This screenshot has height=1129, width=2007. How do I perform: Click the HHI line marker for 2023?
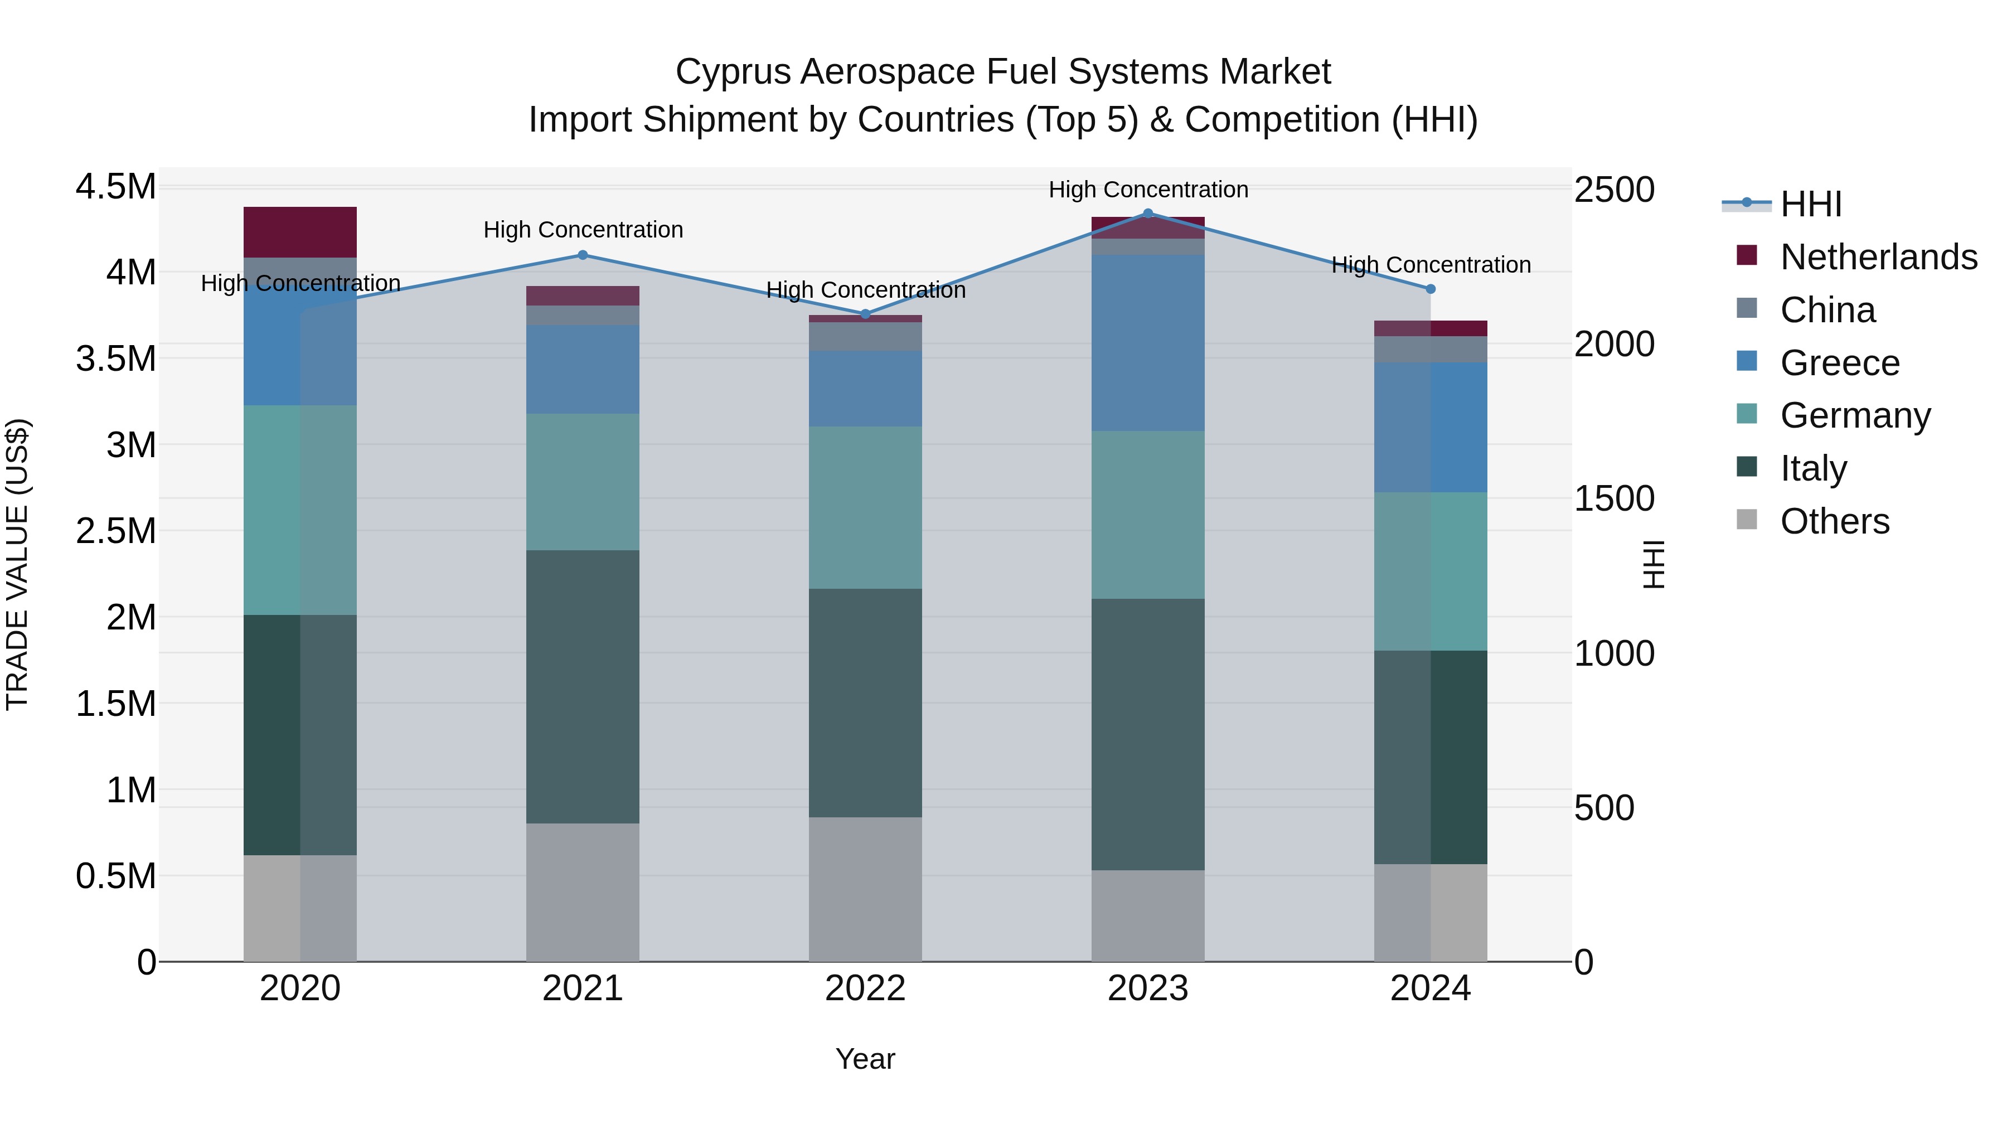click(x=1148, y=213)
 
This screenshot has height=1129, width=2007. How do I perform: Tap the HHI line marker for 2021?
click(x=582, y=255)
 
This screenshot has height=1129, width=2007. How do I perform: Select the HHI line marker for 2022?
click(x=865, y=314)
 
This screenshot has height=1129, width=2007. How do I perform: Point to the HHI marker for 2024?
click(x=1431, y=289)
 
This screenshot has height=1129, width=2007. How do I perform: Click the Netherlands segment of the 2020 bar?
click(x=300, y=232)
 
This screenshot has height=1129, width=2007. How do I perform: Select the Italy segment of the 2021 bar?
click(x=582, y=686)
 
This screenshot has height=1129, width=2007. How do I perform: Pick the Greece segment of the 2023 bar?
click(x=1148, y=343)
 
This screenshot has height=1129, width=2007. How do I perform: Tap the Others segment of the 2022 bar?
click(x=865, y=888)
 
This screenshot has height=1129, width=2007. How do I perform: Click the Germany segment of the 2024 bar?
click(x=1431, y=571)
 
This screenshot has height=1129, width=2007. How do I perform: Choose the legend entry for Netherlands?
click(x=1878, y=257)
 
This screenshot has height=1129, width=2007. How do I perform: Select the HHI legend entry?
click(x=1811, y=204)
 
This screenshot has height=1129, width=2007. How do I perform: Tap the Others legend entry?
click(x=1834, y=521)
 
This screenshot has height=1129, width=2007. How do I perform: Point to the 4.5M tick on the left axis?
click(x=115, y=188)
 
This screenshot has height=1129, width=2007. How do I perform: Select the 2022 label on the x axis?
click(x=865, y=989)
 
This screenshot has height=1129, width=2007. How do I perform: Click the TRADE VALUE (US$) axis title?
click(x=18, y=564)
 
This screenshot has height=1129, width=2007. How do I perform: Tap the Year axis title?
click(x=865, y=1059)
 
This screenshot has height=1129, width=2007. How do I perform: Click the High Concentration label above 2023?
click(x=1148, y=190)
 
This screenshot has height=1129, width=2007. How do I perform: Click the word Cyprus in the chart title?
click(x=733, y=72)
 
